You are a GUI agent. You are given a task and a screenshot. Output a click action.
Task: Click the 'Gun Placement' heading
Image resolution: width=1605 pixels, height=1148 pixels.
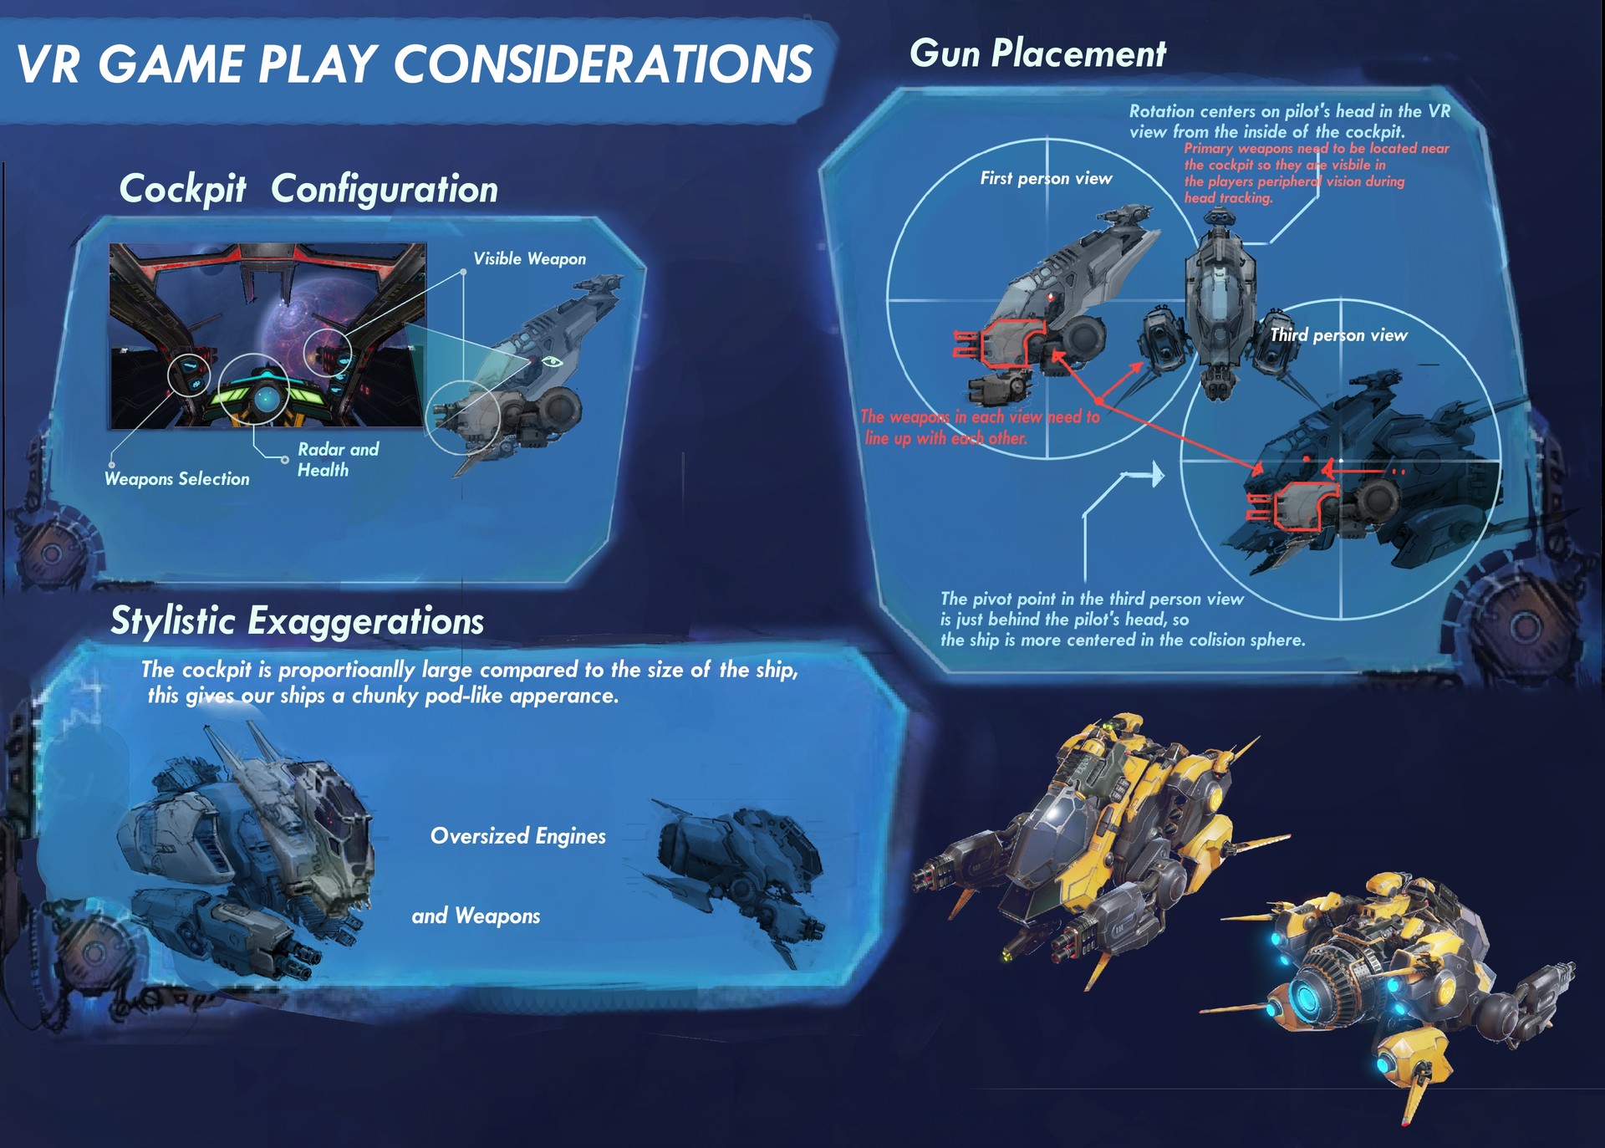1037,54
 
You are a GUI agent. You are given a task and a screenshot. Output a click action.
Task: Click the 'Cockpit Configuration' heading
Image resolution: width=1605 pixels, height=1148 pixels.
308,189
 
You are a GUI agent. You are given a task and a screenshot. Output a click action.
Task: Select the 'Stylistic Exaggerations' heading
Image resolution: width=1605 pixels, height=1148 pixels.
298,621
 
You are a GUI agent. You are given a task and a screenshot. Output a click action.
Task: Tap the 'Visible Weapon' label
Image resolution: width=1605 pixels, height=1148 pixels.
530,259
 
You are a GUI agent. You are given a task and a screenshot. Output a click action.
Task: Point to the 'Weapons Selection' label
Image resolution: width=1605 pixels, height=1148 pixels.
177,478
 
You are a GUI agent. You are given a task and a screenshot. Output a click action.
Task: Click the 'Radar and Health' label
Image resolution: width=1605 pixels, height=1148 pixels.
338,459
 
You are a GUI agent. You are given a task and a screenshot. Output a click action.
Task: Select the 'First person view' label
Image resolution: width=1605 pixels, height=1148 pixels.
1046,178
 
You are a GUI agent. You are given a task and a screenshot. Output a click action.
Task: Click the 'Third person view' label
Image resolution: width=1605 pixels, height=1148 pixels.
1338,335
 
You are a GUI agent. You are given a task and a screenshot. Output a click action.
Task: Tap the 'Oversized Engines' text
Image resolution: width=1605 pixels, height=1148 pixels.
518,836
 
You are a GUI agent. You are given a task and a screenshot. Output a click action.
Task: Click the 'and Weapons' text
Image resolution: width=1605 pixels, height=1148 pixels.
476,916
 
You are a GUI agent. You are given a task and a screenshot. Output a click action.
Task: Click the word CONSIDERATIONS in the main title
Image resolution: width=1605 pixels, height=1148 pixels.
603,64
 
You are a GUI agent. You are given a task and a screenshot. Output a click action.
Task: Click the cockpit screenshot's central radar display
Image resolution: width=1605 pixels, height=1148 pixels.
267,398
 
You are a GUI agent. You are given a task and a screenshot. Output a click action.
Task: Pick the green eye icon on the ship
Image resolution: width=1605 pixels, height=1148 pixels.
552,361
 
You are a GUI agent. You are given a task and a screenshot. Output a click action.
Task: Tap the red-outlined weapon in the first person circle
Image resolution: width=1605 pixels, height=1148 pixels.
1000,344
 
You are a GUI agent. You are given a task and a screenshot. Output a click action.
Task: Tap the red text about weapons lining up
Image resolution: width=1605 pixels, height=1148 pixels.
980,427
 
